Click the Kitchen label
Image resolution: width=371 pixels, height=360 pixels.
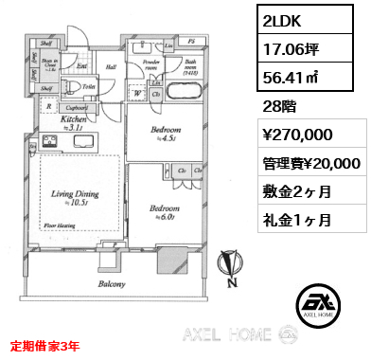(x=75, y=122)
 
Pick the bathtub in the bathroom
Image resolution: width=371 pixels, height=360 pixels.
(x=181, y=95)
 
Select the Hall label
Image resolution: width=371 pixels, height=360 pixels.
(x=111, y=66)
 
